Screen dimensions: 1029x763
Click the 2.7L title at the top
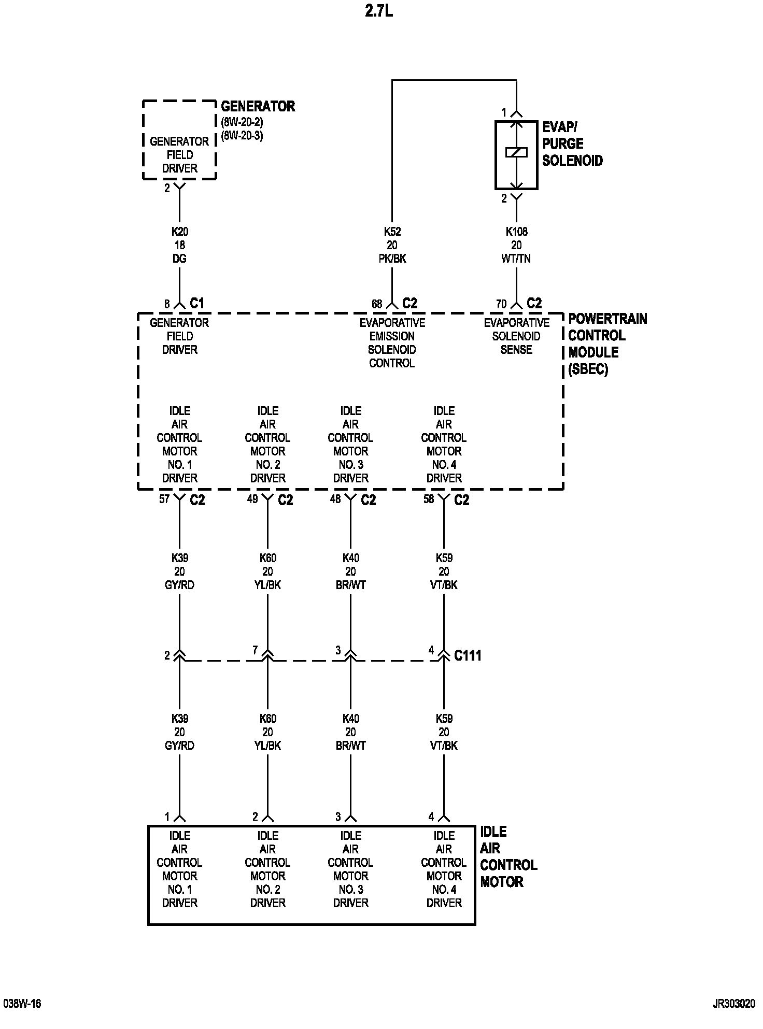tap(379, 11)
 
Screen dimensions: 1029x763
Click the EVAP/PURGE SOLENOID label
tap(572, 144)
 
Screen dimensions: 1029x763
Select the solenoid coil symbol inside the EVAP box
tap(516, 152)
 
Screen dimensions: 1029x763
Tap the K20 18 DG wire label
tap(179, 245)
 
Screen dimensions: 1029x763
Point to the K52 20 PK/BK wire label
tap(392, 245)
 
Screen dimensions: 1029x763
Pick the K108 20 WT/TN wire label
tap(516, 245)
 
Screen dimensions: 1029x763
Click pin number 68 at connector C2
tap(377, 304)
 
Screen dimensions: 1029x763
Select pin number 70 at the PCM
tap(501, 304)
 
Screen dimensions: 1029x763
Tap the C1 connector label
tap(197, 303)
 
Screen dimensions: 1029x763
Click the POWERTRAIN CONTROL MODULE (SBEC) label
tap(607, 344)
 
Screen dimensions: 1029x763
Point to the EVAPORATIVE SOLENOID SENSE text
tap(516, 336)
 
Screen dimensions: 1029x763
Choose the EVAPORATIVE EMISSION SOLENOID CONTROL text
tap(392, 342)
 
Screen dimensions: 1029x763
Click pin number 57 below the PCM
tap(164, 499)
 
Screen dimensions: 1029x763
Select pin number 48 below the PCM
tap(335, 499)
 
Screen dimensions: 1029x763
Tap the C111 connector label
tap(468, 655)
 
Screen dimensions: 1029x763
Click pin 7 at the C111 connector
tap(255, 650)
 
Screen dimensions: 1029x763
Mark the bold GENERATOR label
tap(258, 107)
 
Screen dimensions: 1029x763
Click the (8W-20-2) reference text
tap(242, 123)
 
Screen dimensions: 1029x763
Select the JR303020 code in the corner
tap(734, 1004)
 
